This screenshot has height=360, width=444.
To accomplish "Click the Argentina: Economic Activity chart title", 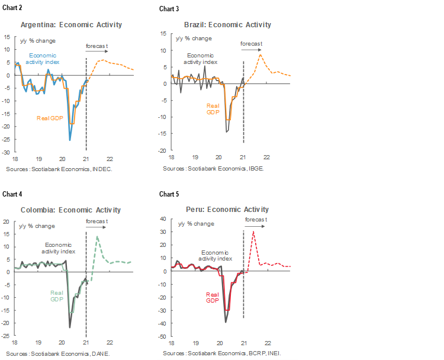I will [71, 25].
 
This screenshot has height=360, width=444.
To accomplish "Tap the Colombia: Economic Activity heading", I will [70, 210].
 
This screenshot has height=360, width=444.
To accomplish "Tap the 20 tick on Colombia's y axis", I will [7, 222].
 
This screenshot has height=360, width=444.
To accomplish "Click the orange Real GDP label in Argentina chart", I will [50, 118].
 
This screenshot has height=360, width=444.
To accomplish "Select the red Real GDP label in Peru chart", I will [212, 297].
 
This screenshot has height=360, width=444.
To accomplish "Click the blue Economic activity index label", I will [42, 59].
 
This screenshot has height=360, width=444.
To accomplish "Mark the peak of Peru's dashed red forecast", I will [253, 232].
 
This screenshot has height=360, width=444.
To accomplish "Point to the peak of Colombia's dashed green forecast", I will [97, 237].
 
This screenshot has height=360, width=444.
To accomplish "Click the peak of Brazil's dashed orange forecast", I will [260, 54].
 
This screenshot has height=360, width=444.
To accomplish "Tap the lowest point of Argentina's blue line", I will [70, 140].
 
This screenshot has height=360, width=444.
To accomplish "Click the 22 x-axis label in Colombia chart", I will [110, 343].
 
